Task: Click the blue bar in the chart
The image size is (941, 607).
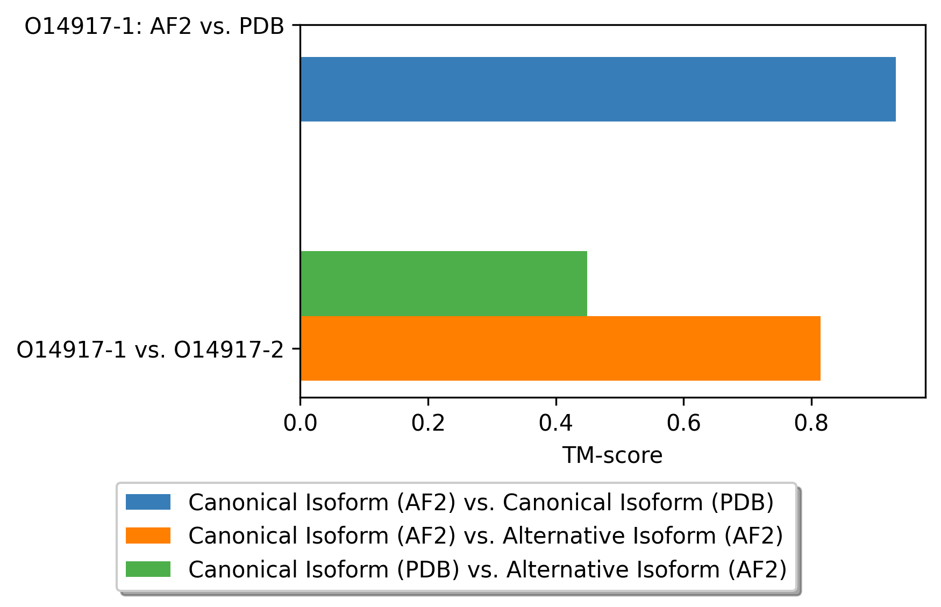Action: (598, 89)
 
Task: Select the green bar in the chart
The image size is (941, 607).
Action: (444, 283)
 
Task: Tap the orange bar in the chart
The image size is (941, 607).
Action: (560, 348)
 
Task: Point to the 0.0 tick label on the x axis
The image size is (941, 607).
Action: (300, 424)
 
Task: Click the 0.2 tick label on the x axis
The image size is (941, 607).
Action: (428, 424)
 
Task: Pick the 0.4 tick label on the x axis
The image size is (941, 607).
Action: (555, 424)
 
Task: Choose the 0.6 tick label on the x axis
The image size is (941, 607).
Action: (683, 424)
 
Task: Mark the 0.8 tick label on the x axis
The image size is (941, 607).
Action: (811, 424)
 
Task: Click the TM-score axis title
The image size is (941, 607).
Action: (612, 455)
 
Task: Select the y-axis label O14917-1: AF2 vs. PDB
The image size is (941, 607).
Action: (154, 26)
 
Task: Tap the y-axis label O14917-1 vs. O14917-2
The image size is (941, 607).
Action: (150, 350)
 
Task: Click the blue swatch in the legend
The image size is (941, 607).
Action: (148, 502)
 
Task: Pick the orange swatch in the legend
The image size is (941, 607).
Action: (148, 535)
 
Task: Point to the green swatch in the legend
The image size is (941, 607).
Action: (148, 569)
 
